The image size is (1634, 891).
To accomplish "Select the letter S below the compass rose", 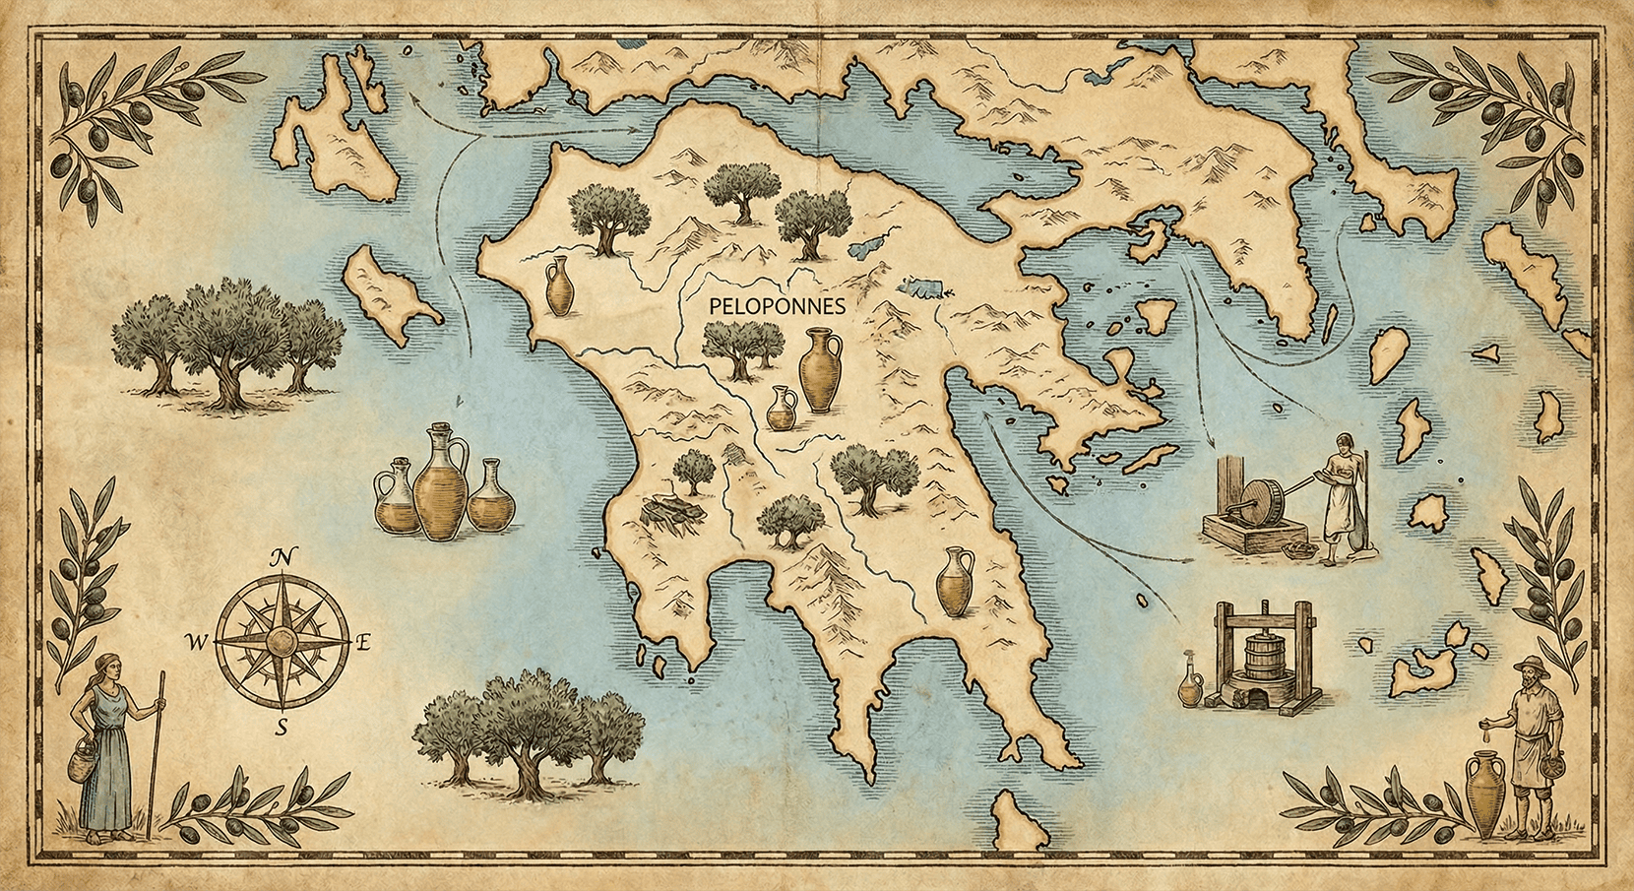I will pyautogui.click(x=282, y=728).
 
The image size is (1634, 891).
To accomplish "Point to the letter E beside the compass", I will pyautogui.click(x=362, y=644).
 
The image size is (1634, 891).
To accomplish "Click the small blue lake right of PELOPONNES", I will pyautogui.click(x=920, y=289).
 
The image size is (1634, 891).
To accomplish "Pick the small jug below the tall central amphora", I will pyautogui.click(x=782, y=409).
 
